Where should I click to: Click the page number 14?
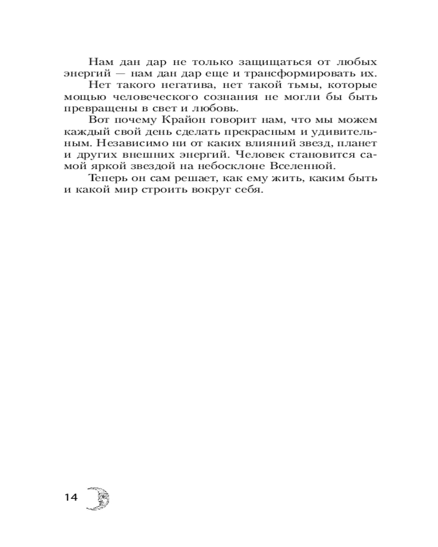point(71,497)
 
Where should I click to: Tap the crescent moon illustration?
point(99,498)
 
